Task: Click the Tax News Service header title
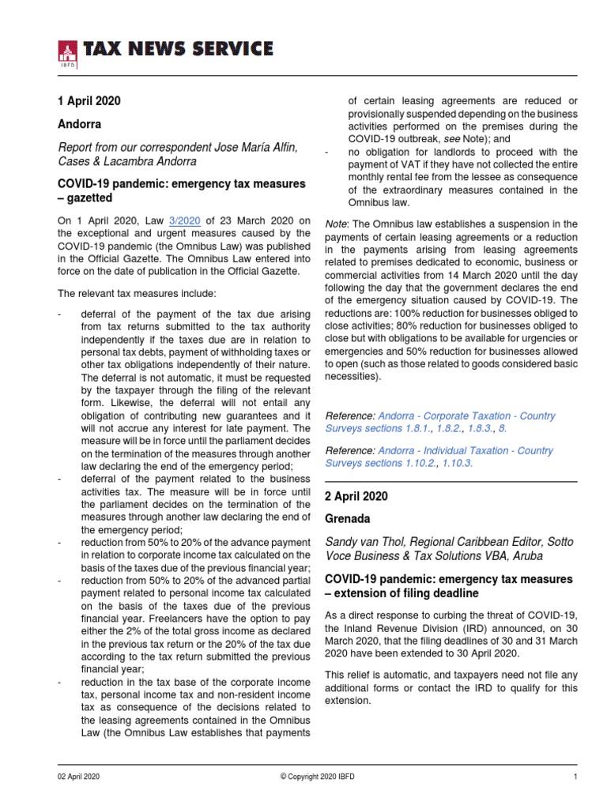(x=179, y=50)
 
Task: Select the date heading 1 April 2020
(x=89, y=101)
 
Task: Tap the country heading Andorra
(x=79, y=125)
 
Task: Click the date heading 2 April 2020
(x=357, y=497)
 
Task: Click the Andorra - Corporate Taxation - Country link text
(x=467, y=416)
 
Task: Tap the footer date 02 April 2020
(x=79, y=777)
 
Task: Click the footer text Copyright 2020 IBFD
(x=318, y=777)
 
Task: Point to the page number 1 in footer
(x=575, y=777)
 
